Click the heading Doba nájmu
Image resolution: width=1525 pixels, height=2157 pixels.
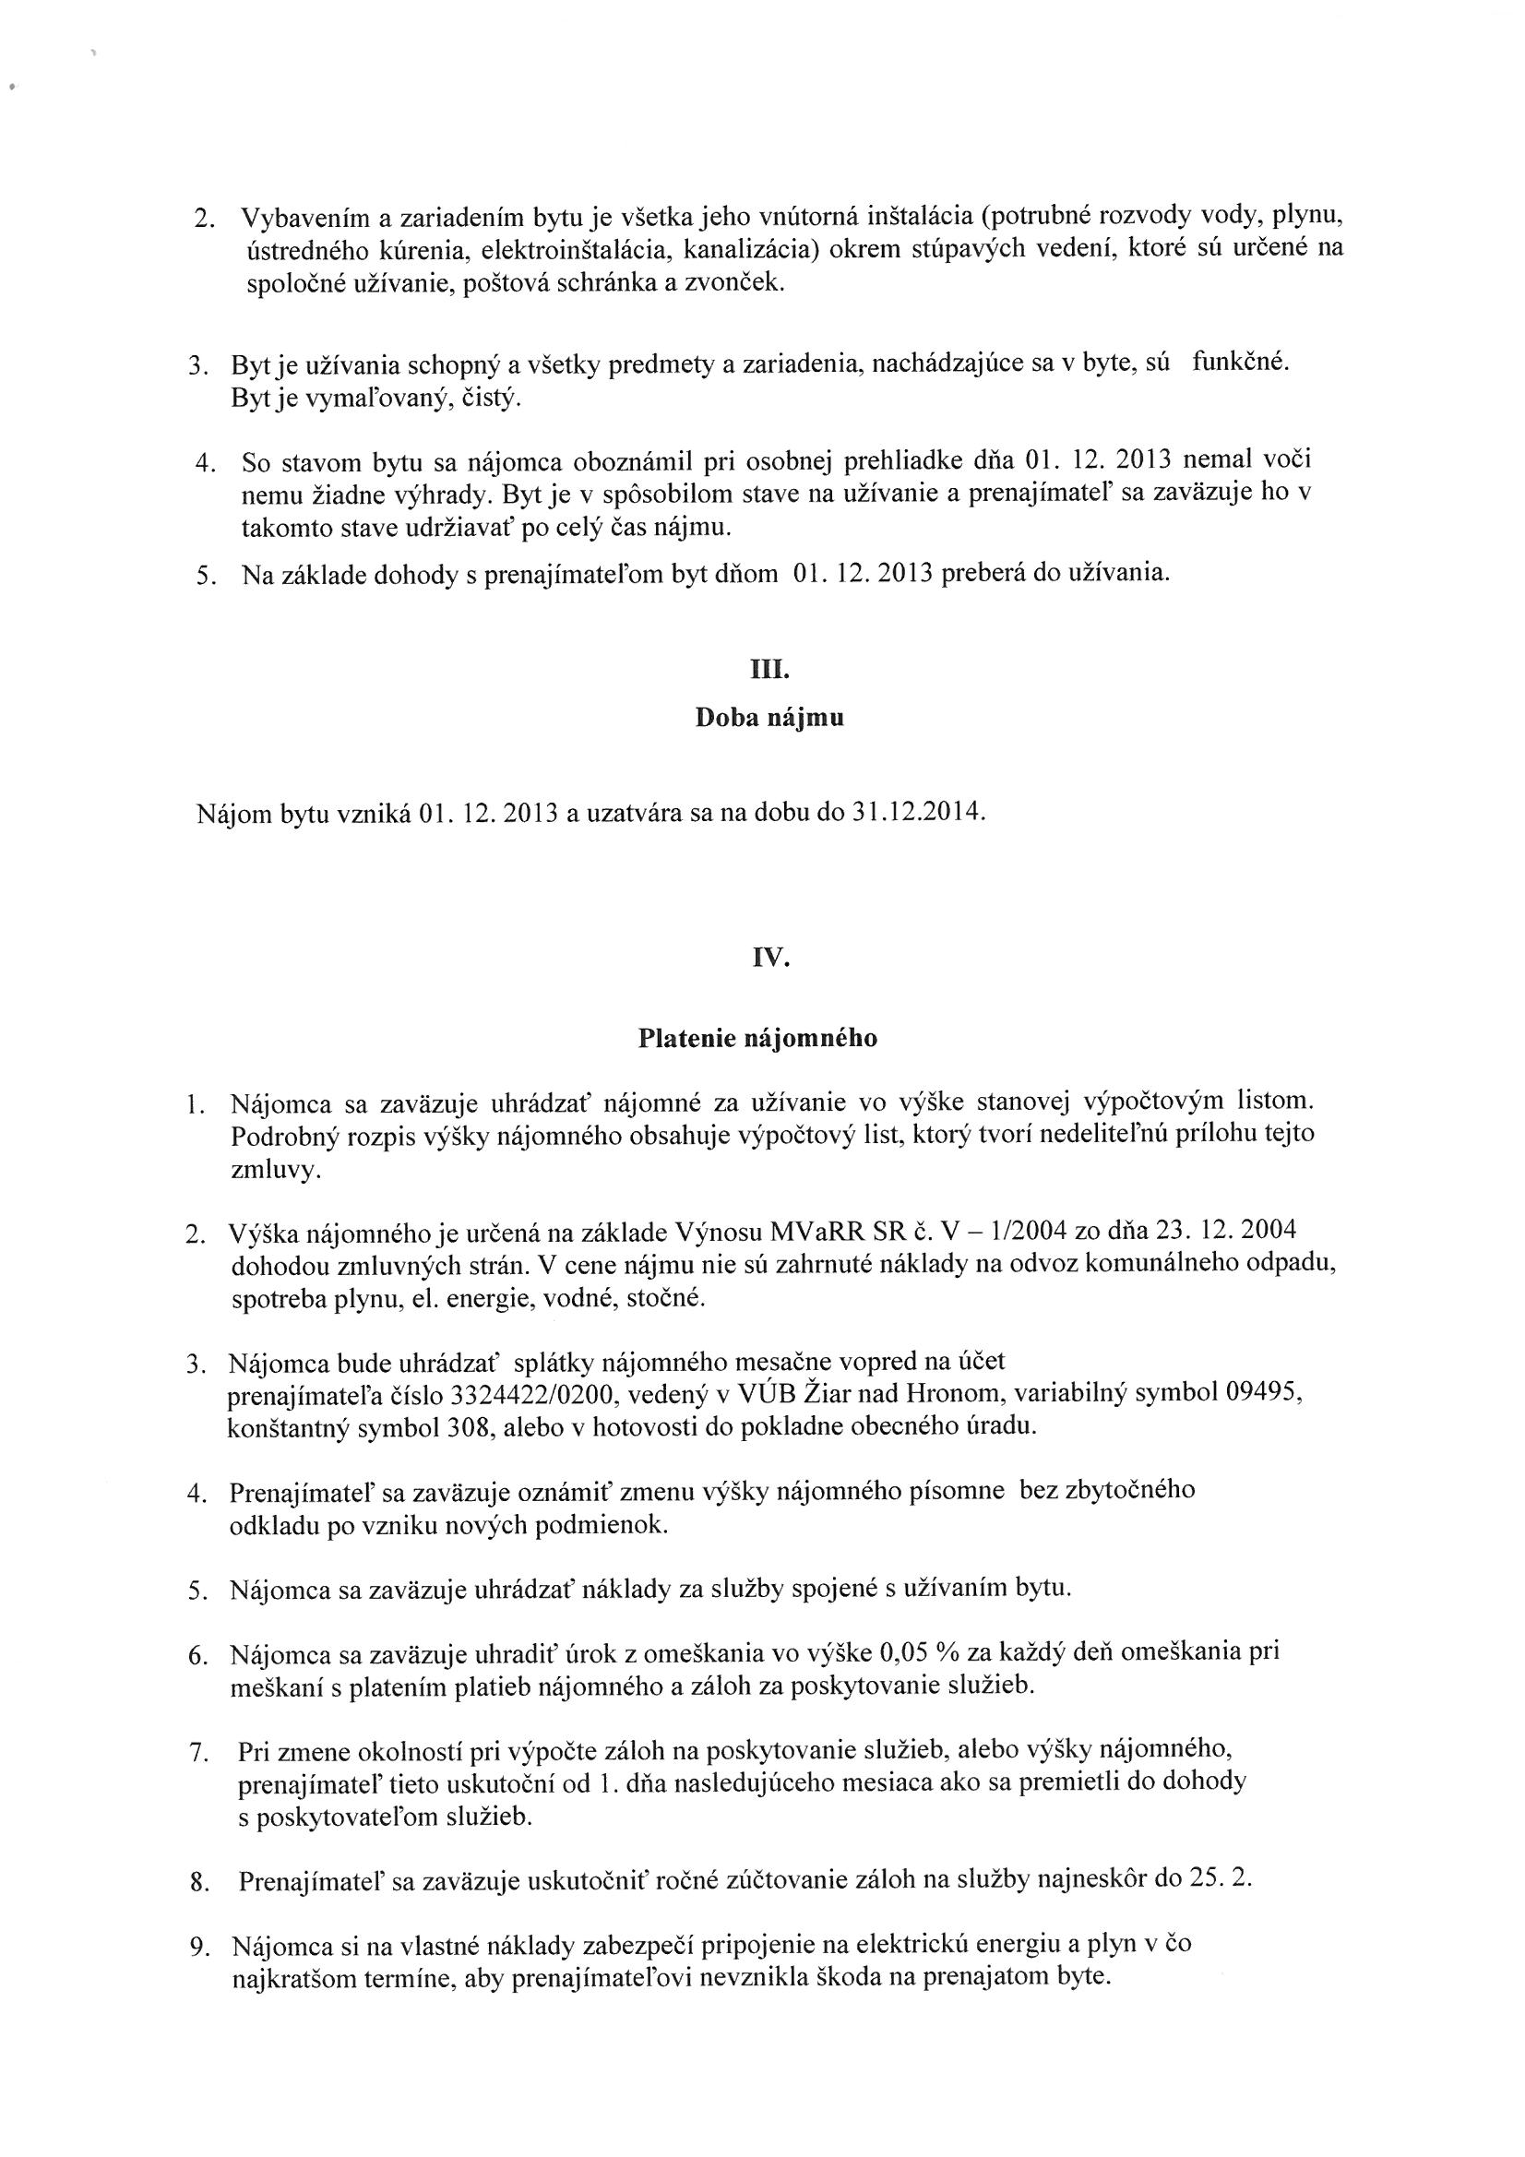click(x=769, y=719)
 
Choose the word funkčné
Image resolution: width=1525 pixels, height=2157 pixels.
click(x=1239, y=362)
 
